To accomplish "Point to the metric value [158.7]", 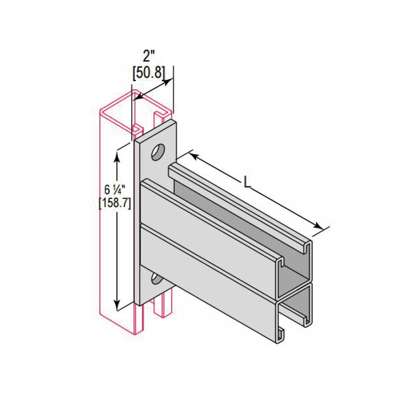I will pyautogui.click(x=115, y=203).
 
